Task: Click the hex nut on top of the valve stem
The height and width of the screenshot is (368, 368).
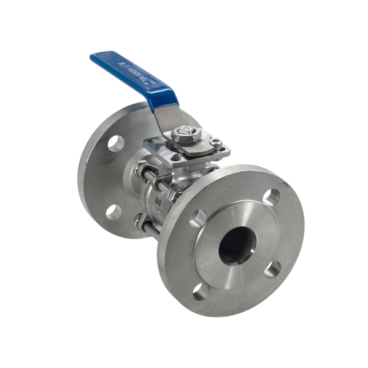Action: [x=184, y=133]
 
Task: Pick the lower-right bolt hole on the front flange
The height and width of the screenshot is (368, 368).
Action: [x=274, y=268]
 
